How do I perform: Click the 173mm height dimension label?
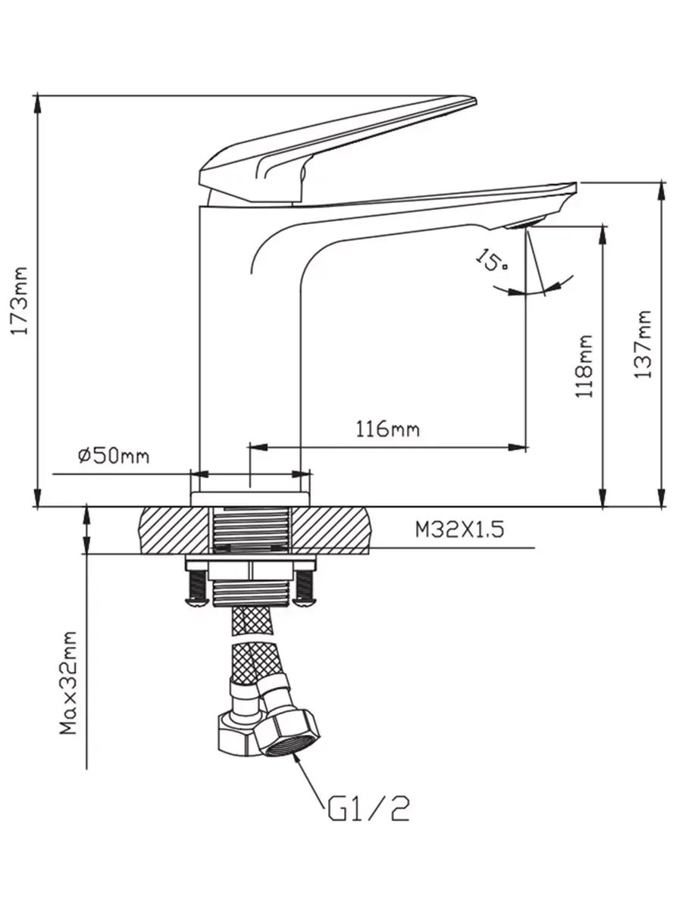pyautogui.click(x=20, y=300)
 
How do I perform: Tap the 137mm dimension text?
pyautogui.click(x=643, y=344)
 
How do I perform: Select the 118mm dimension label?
pyautogui.click(x=584, y=366)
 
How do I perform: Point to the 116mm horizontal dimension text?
pyautogui.click(x=388, y=429)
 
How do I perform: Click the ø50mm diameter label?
pyautogui.click(x=114, y=456)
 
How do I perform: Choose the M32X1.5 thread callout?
pyautogui.click(x=460, y=529)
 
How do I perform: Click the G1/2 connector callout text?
pyautogui.click(x=368, y=809)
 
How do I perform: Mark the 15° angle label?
pyautogui.click(x=492, y=260)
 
